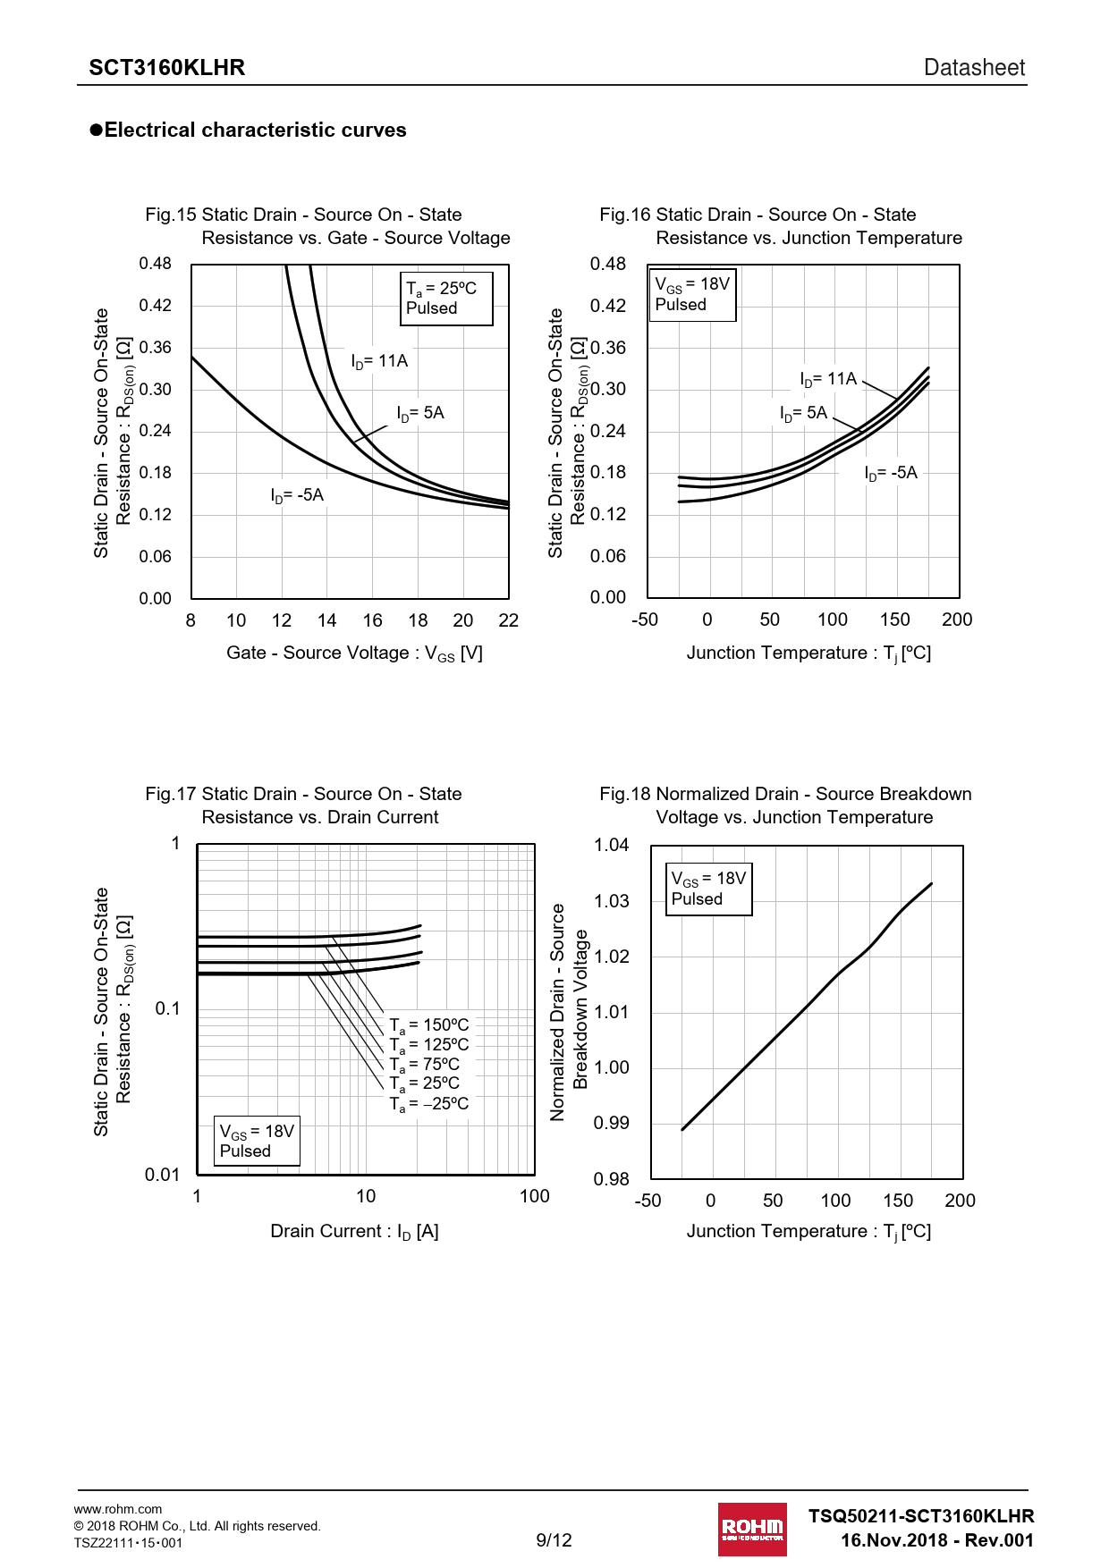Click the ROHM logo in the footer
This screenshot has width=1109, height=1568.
[x=752, y=1529]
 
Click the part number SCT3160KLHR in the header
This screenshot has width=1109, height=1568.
[x=166, y=68]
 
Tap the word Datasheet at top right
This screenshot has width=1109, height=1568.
[x=974, y=68]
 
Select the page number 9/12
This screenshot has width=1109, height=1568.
[x=554, y=1539]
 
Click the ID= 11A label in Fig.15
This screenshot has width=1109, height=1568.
[x=379, y=361]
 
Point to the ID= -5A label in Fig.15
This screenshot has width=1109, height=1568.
[x=297, y=495]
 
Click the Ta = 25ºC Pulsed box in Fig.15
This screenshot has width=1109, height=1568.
[x=446, y=299]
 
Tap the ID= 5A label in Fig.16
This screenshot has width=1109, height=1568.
[x=804, y=413]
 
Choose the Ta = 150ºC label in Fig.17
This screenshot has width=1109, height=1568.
[x=429, y=1025]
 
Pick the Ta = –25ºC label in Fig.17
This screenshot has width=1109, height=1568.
[x=429, y=1104]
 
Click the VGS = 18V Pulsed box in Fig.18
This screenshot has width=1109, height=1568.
[x=709, y=889]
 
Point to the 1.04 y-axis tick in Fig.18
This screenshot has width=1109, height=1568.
[x=611, y=845]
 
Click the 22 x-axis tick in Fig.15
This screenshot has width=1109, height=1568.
[x=508, y=620]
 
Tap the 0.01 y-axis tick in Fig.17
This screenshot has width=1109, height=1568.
[x=162, y=1175]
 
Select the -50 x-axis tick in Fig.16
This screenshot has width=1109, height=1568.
[x=645, y=620]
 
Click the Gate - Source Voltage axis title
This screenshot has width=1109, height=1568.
[x=354, y=653]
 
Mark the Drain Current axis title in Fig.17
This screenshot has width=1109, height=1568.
[x=354, y=1232]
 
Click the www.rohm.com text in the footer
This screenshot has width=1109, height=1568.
[x=118, y=1509]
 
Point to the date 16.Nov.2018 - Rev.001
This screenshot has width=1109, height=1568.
[x=936, y=1540]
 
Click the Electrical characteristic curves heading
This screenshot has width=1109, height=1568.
[x=255, y=131]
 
